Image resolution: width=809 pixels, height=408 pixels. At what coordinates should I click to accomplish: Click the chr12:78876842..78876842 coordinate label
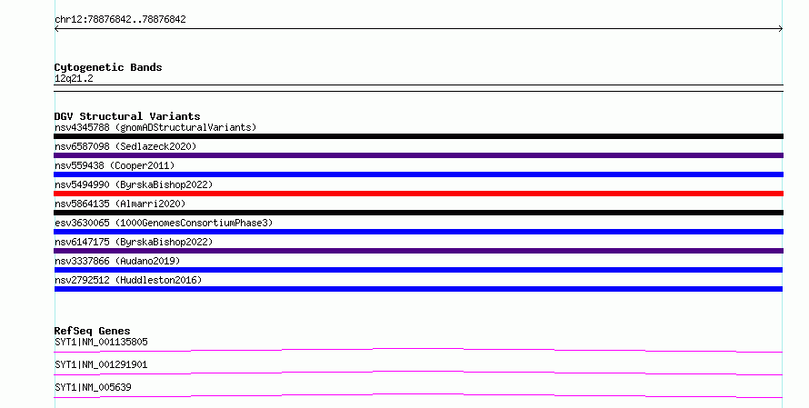click(x=120, y=20)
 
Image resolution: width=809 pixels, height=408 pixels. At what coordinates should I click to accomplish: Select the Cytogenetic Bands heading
click(x=108, y=67)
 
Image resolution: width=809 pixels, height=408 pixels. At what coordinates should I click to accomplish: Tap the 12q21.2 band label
click(x=74, y=78)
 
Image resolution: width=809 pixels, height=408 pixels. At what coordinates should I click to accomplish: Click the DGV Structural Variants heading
click(x=127, y=116)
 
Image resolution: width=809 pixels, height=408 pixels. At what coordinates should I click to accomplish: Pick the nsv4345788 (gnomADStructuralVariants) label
click(x=155, y=127)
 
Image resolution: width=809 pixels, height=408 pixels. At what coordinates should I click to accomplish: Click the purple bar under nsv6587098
click(x=418, y=155)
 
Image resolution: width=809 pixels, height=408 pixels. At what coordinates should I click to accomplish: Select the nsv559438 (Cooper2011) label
click(x=115, y=165)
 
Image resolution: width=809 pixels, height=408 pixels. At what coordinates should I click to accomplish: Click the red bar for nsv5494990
click(x=418, y=194)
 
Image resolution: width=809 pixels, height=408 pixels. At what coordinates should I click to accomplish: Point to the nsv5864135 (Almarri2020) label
click(x=120, y=204)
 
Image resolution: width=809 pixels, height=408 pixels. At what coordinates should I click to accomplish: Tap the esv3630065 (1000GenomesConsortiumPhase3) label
click(x=164, y=223)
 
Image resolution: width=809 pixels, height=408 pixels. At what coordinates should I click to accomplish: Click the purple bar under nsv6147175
click(x=418, y=251)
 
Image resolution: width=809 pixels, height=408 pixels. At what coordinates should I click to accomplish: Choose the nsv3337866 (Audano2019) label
click(x=117, y=261)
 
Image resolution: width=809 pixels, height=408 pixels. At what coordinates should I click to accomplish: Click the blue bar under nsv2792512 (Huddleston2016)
click(x=418, y=289)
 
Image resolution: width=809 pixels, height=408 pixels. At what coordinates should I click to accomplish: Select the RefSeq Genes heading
click(x=92, y=331)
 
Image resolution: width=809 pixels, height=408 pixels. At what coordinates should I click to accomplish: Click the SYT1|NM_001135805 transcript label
click(x=101, y=342)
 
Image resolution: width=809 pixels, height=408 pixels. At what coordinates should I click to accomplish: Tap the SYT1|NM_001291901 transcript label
click(x=101, y=364)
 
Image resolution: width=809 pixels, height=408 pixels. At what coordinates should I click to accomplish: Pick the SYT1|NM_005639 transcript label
click(x=93, y=387)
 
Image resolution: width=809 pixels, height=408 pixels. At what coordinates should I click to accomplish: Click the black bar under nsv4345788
click(x=418, y=136)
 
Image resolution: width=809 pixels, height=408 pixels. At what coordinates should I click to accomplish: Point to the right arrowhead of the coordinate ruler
click(x=781, y=29)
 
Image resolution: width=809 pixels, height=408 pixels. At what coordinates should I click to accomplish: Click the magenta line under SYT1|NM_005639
click(x=418, y=395)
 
